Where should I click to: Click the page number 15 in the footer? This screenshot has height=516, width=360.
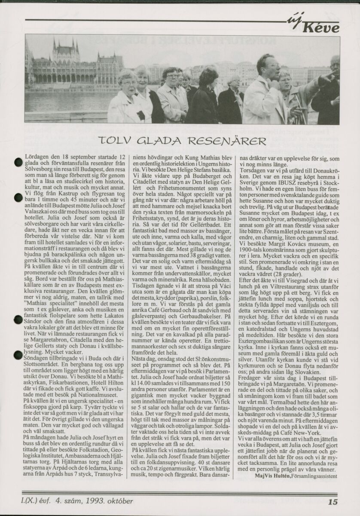(x=333, y=501)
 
